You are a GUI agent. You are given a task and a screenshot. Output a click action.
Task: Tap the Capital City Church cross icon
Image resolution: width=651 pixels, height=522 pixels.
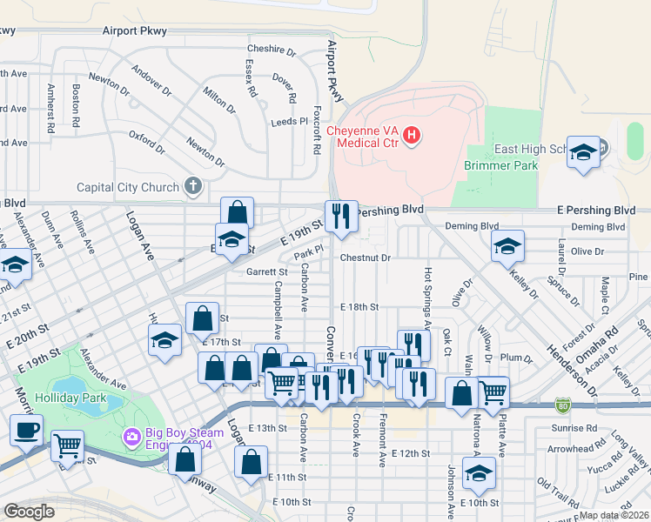[x=193, y=186]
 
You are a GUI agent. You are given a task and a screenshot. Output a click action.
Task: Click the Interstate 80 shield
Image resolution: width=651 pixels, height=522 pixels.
[x=563, y=405]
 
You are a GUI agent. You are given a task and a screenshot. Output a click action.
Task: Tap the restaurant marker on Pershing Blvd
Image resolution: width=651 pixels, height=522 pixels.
[x=340, y=216]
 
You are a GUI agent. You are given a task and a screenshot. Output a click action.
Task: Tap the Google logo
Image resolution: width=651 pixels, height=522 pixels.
[x=30, y=512]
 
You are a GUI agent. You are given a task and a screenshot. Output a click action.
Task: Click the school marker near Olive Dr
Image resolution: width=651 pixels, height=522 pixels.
[x=507, y=247]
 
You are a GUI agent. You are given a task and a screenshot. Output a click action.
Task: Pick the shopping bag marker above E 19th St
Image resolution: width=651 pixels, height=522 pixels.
[x=237, y=212]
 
